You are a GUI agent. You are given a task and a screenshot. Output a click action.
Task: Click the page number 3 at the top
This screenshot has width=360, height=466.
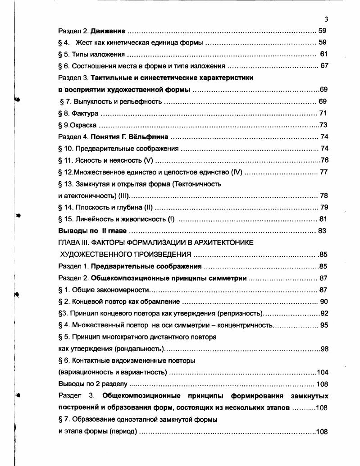(x=326, y=19)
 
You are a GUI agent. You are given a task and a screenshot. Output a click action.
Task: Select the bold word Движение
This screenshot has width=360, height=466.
(x=108, y=31)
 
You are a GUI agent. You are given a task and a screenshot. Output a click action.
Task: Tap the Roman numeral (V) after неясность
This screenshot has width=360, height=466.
(x=148, y=160)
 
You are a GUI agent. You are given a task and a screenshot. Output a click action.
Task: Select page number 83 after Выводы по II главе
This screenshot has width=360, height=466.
(x=322, y=231)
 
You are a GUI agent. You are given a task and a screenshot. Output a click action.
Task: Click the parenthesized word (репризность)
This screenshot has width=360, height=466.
(x=240, y=313)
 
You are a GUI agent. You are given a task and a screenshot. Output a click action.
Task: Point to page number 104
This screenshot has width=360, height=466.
(x=322, y=372)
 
